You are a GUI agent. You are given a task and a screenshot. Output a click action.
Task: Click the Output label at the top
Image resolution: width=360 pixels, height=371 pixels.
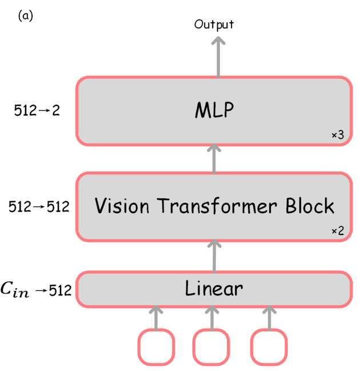click(214, 24)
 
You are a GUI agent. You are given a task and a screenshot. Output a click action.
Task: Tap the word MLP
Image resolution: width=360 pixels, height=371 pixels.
click(214, 110)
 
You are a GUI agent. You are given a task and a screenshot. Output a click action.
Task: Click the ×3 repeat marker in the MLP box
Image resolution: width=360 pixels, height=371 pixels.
click(337, 135)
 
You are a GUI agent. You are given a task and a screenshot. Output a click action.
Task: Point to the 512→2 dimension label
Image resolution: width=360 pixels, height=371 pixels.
click(37, 110)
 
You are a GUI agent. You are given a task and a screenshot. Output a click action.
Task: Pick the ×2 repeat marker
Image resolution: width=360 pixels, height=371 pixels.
click(337, 231)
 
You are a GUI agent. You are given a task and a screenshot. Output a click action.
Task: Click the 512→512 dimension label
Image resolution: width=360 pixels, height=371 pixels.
click(39, 206)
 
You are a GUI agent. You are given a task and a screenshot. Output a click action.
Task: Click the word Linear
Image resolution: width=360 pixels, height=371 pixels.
click(214, 289)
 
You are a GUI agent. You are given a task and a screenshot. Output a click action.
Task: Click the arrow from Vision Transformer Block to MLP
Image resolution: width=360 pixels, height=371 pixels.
click(214, 158)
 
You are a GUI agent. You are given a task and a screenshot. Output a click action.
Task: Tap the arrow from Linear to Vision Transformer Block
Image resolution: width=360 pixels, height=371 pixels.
click(214, 256)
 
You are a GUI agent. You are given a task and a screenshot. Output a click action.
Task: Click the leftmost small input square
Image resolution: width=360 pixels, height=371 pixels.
click(155, 346)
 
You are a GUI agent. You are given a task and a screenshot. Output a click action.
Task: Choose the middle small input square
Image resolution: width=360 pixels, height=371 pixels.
click(211, 346)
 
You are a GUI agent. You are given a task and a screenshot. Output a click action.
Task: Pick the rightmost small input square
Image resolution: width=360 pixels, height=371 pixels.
click(268, 346)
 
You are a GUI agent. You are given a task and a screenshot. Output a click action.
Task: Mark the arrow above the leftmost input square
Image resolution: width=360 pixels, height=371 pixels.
click(155, 318)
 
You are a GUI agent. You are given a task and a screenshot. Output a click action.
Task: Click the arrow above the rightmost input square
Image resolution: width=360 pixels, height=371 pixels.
click(268, 318)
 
